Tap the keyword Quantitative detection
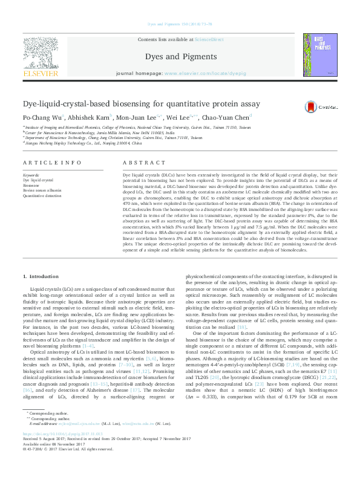pos(42,195)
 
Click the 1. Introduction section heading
pos(41,276)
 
